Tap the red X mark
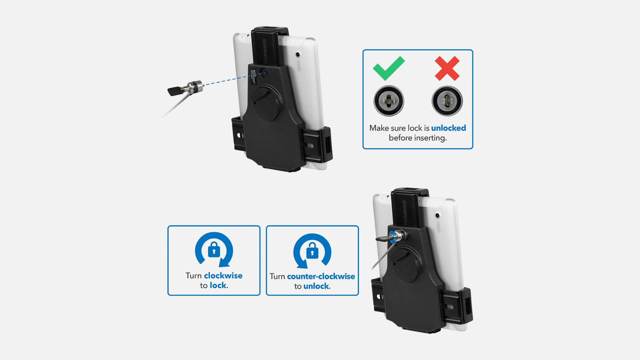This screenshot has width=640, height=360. (x=447, y=68)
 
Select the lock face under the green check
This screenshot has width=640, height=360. (x=388, y=100)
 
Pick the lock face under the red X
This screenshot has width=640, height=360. (x=447, y=101)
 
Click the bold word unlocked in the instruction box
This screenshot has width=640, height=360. (x=448, y=128)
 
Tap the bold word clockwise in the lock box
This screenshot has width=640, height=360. (x=223, y=276)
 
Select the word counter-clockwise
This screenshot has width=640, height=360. (x=321, y=276)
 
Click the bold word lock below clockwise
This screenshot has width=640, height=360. (x=218, y=286)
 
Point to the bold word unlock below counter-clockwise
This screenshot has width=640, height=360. (x=316, y=286)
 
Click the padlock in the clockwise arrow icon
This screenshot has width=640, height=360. (x=214, y=250)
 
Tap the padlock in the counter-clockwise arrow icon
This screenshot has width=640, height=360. (x=312, y=250)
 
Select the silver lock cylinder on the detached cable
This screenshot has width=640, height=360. (x=195, y=86)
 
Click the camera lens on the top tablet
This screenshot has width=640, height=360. (x=298, y=54)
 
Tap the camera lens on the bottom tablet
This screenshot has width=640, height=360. (x=437, y=215)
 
